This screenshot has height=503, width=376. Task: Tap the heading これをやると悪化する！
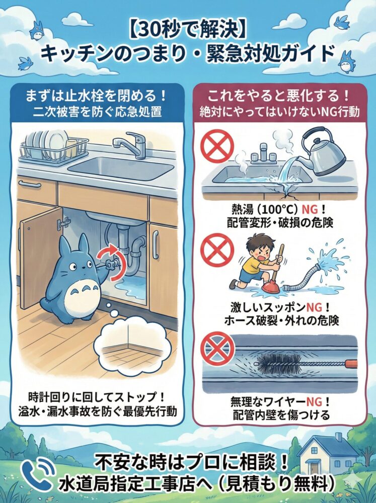click(x=279, y=94)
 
